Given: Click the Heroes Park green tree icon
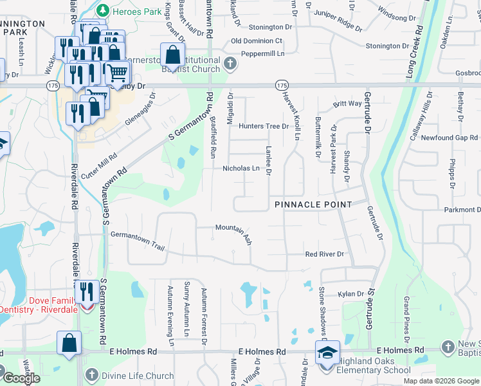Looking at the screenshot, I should [x=102, y=11].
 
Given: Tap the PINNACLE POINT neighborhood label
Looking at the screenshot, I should [x=313, y=205].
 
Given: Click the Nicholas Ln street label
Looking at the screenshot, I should [x=240, y=169].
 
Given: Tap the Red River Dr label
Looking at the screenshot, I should [x=325, y=254].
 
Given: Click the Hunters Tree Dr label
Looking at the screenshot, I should [x=264, y=126].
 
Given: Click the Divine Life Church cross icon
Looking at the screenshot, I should [x=91, y=375].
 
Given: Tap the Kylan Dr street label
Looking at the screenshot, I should [x=351, y=294].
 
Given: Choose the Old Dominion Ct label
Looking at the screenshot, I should [x=257, y=41].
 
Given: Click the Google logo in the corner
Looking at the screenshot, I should [x=21, y=378].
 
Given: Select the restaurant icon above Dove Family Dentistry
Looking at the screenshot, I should [x=86, y=291].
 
